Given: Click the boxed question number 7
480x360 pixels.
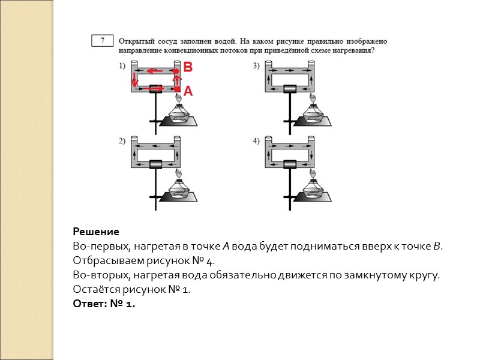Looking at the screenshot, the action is pyautogui.click(x=103, y=41).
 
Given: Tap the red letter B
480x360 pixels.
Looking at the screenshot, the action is pyautogui.click(x=187, y=68).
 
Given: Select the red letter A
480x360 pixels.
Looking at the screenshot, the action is pyautogui.click(x=188, y=91).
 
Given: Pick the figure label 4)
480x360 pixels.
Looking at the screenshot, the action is pyautogui.click(x=256, y=142).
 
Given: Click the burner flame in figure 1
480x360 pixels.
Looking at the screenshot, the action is pyautogui.click(x=179, y=97).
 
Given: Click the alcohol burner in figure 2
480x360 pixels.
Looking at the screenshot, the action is pyautogui.click(x=179, y=187).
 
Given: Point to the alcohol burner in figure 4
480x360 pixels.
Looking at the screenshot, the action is pyautogui.click(x=312, y=187).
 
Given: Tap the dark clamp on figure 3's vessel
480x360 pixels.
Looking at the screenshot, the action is pyautogui.click(x=290, y=89).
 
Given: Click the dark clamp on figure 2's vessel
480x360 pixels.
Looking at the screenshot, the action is pyautogui.click(x=157, y=163).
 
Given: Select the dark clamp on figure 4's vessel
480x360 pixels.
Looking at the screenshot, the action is pyautogui.click(x=290, y=163).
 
